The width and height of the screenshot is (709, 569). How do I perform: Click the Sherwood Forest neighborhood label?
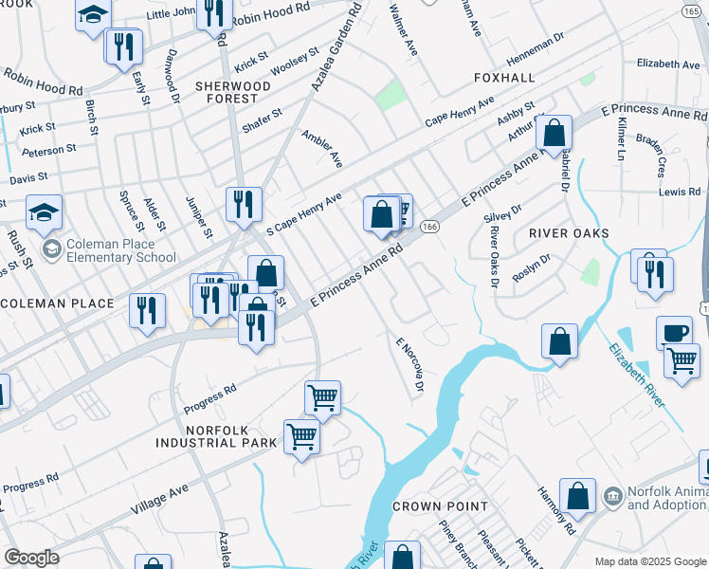[x=233, y=92]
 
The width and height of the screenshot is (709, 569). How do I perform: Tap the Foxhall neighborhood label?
[x=503, y=77]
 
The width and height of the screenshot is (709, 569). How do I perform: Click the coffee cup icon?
[x=674, y=333]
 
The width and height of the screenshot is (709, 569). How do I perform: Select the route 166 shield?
[x=429, y=227]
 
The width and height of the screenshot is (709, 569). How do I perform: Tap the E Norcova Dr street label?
[x=409, y=367]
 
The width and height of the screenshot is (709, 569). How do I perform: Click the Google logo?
[x=31, y=558]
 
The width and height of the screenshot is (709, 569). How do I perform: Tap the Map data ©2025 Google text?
[x=650, y=561]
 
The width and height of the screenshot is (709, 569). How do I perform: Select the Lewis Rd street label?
[x=680, y=193]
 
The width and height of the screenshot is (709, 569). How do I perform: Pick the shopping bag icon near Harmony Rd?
[x=577, y=495]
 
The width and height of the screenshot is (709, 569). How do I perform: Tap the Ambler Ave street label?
[x=321, y=149]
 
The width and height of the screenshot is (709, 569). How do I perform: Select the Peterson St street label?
[x=48, y=150]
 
